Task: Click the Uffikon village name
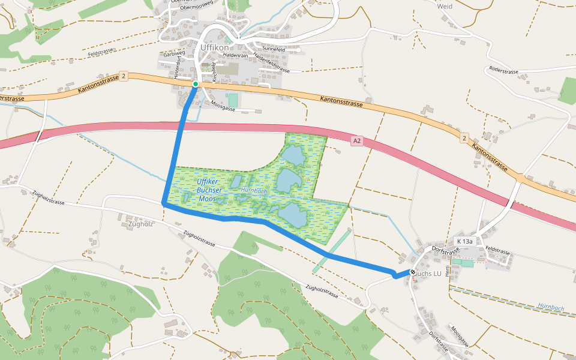coord(211,47)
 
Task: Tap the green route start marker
coord(195,84)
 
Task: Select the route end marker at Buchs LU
coord(413,272)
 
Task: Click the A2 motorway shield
coord(357,141)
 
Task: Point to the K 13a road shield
coord(465,241)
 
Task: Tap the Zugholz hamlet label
coord(142,224)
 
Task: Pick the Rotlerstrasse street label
coord(503,70)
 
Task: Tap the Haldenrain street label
coord(236,55)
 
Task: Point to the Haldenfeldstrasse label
coord(272,62)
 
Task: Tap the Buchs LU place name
coord(428,274)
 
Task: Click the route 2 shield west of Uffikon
coord(123,76)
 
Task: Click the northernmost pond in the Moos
coord(293,155)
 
